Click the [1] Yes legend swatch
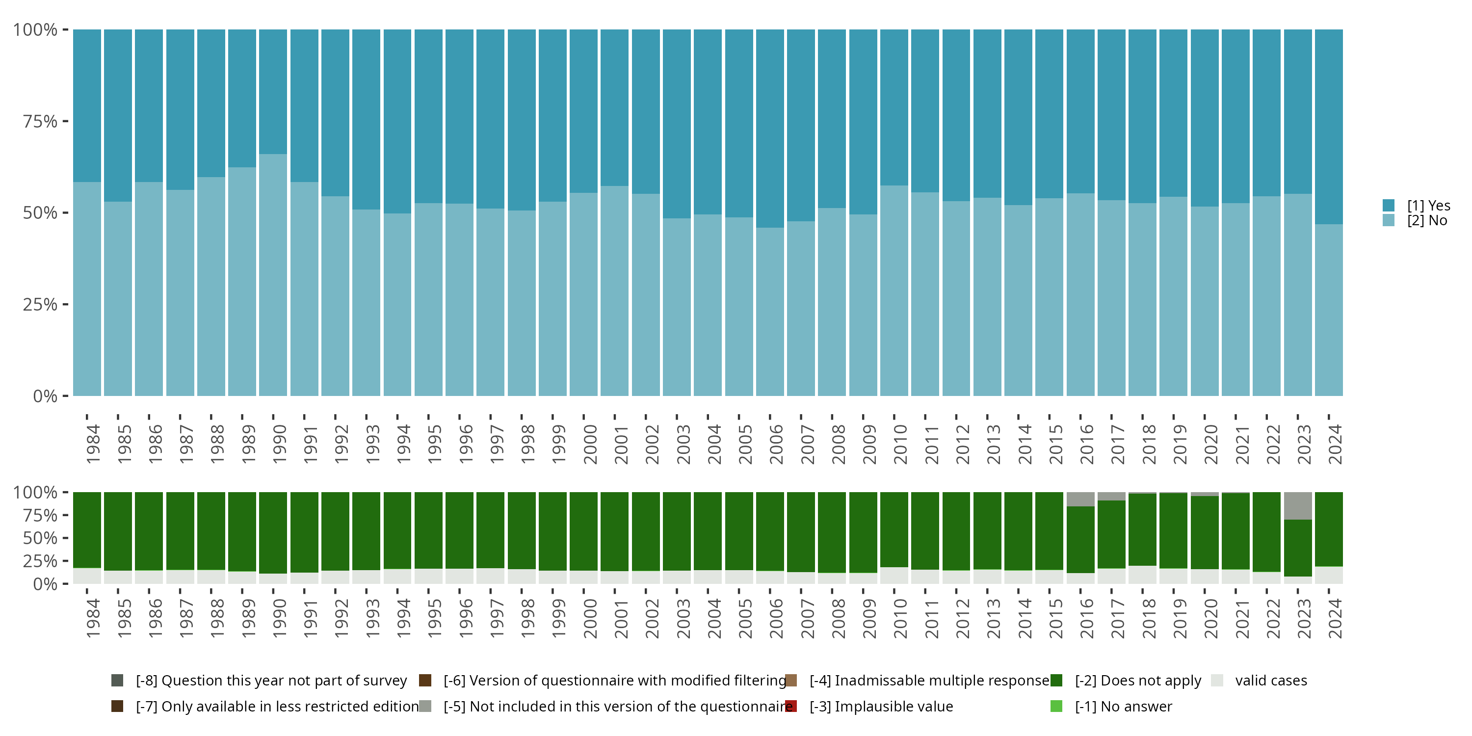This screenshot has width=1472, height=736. pyautogui.click(x=1389, y=205)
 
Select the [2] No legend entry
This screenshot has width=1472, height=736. pyautogui.click(x=1427, y=221)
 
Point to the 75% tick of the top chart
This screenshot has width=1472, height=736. pyautogui.click(x=40, y=121)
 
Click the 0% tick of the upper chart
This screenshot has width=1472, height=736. pyautogui.click(x=46, y=396)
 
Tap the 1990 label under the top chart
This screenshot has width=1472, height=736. pyautogui.click(x=279, y=444)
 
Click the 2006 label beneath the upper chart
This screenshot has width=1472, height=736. pyautogui.click(x=776, y=444)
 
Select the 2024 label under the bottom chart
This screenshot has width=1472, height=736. pyautogui.click(x=1335, y=618)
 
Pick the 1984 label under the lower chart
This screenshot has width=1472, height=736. pyautogui.click(x=93, y=618)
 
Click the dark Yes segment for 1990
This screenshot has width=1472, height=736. pyautogui.click(x=273, y=91)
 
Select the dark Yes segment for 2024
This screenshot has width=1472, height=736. pyautogui.click(x=1329, y=126)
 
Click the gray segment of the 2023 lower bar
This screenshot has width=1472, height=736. pyautogui.click(x=1298, y=506)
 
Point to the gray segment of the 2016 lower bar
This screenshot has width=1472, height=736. pyautogui.click(x=1080, y=499)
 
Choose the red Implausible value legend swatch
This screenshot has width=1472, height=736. pyautogui.click(x=791, y=706)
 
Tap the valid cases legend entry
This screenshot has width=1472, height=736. pyautogui.click(x=1270, y=681)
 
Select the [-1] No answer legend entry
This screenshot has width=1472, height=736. pyautogui.click(x=1123, y=706)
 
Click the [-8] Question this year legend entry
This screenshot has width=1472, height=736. pyautogui.click(x=271, y=681)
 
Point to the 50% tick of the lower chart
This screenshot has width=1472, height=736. pyautogui.click(x=40, y=538)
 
